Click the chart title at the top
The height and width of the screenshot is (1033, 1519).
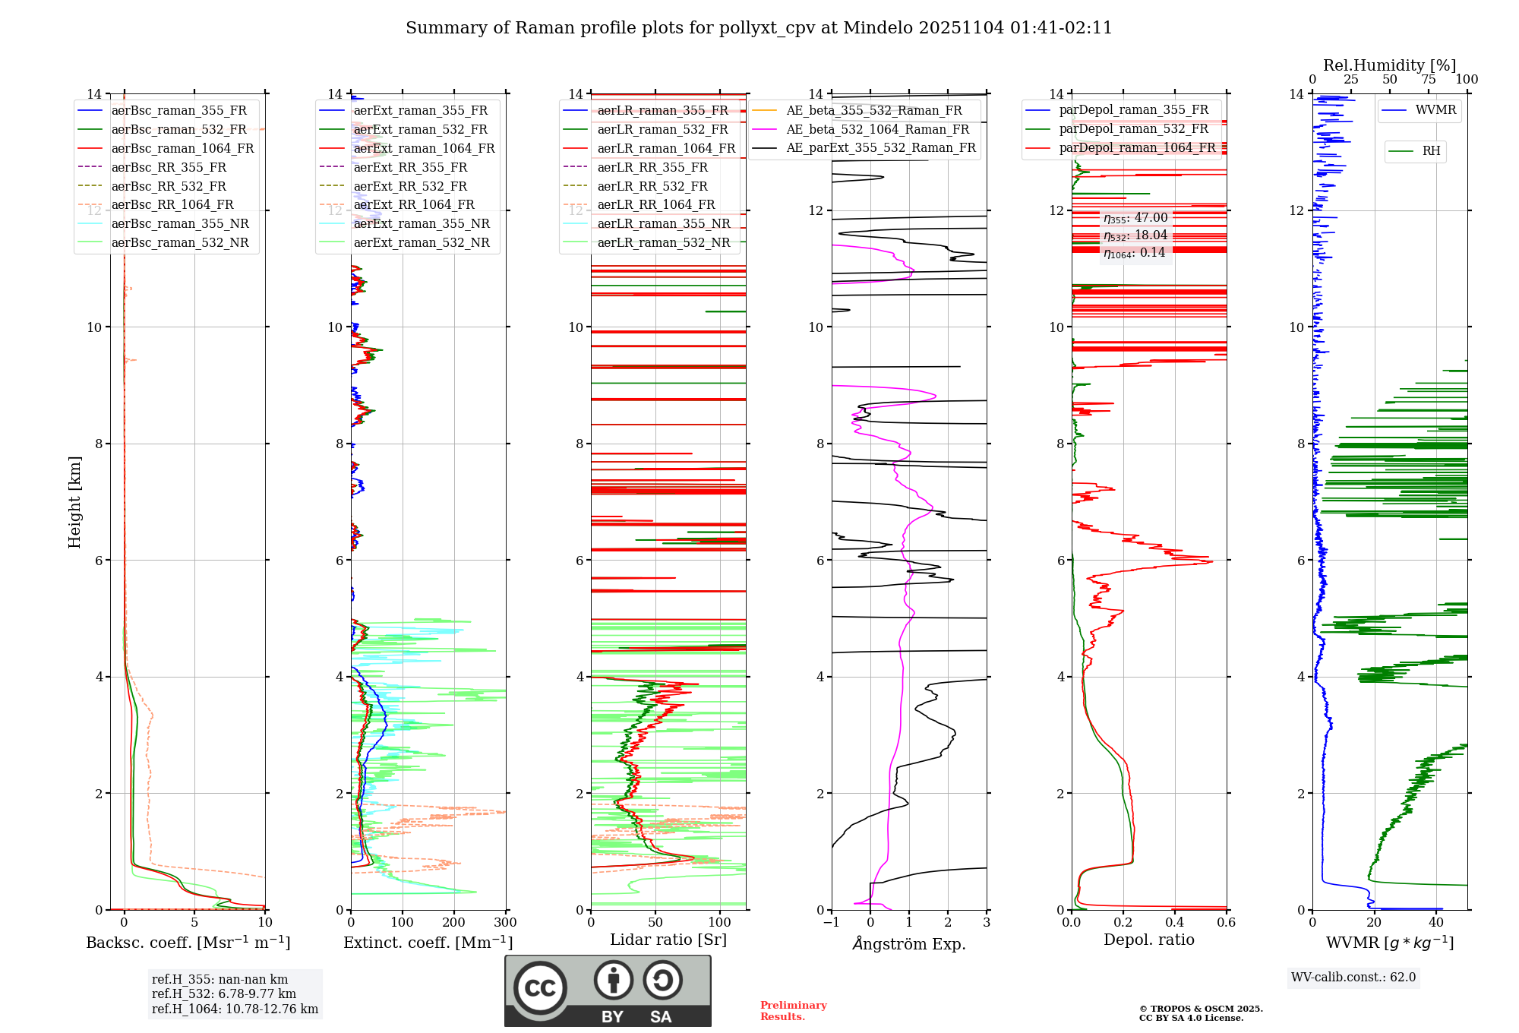click(x=759, y=28)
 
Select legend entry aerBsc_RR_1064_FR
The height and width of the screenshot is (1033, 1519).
click(x=172, y=205)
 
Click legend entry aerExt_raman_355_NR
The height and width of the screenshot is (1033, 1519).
click(x=421, y=224)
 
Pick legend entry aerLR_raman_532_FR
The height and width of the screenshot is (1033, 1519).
click(x=662, y=130)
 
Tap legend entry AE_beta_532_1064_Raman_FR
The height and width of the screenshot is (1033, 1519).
click(x=877, y=130)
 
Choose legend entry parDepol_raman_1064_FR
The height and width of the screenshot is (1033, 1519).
click(x=1137, y=148)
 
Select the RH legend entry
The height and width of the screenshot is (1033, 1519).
click(x=1431, y=151)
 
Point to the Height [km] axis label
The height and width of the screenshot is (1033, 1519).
click(x=74, y=502)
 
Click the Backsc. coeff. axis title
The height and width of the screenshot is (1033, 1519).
click(x=188, y=943)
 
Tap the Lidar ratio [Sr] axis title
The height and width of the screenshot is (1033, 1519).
click(x=668, y=940)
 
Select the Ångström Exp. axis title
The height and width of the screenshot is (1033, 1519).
click(x=909, y=944)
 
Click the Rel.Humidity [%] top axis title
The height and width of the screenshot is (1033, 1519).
click(x=1389, y=65)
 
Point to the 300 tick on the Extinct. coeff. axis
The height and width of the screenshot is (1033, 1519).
click(x=505, y=923)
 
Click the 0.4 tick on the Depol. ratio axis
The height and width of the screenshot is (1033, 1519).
click(x=1175, y=923)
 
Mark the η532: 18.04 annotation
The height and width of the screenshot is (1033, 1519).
click(x=1135, y=235)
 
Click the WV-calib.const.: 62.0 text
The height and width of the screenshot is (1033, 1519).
click(x=1353, y=978)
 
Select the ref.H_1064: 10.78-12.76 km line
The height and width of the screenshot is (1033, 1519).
click(x=235, y=1009)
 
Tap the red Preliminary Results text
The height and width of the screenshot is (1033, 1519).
click(x=793, y=1011)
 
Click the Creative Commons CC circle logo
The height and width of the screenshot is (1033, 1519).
click(x=540, y=988)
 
